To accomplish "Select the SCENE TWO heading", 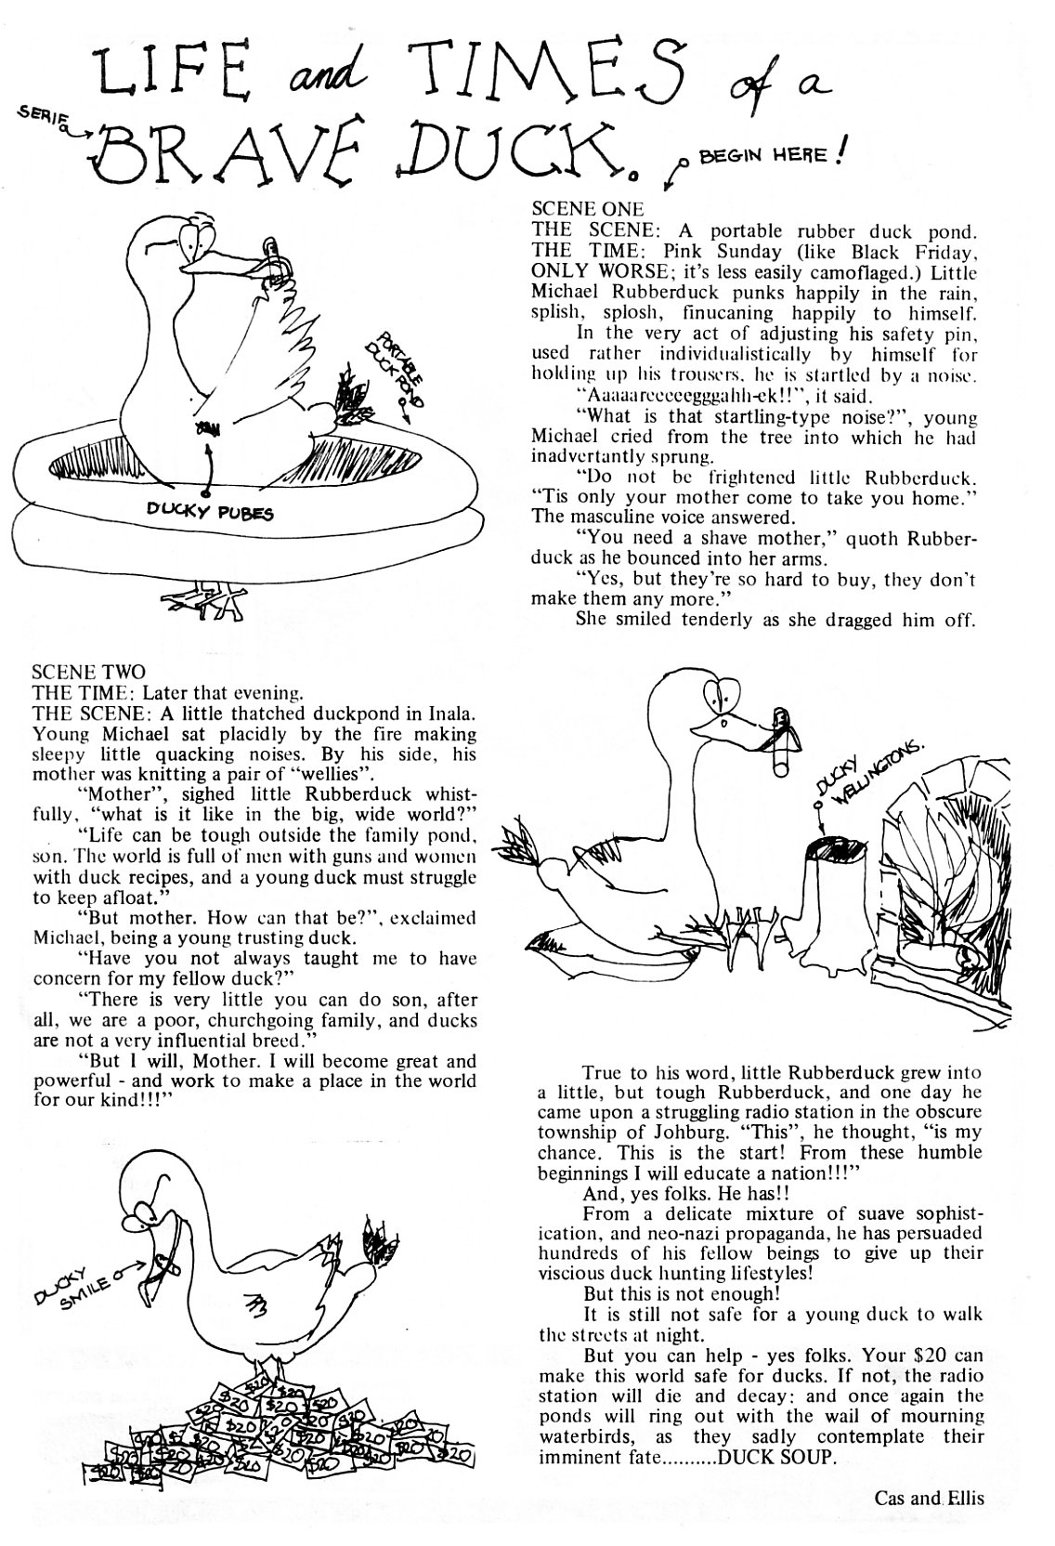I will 88,671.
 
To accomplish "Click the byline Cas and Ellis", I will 928,1498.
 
